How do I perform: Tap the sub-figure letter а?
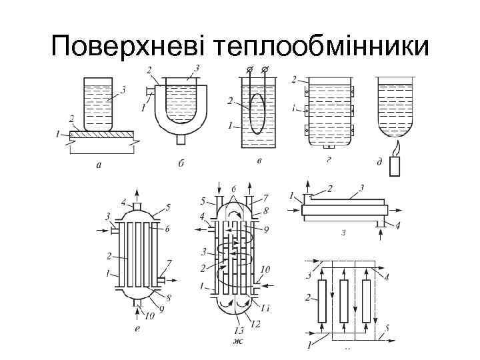tap(99, 165)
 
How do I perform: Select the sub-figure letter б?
tap(181, 164)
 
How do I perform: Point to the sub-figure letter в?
tap(259, 161)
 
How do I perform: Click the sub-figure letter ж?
tap(237, 341)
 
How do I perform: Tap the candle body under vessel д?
tap(395, 165)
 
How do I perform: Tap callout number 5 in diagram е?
tap(168, 207)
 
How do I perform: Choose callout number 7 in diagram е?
tap(169, 263)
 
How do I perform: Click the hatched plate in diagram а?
tap(99, 134)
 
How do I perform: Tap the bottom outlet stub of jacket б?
tap(181, 139)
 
